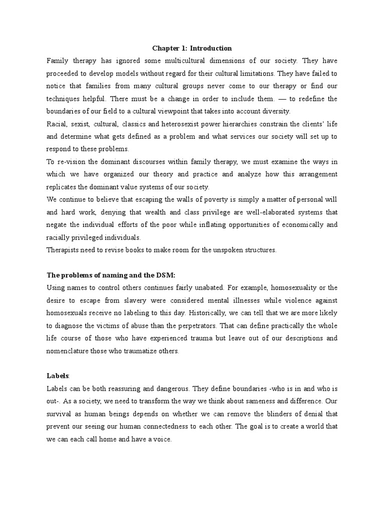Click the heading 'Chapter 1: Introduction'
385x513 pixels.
[x=192, y=49]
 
